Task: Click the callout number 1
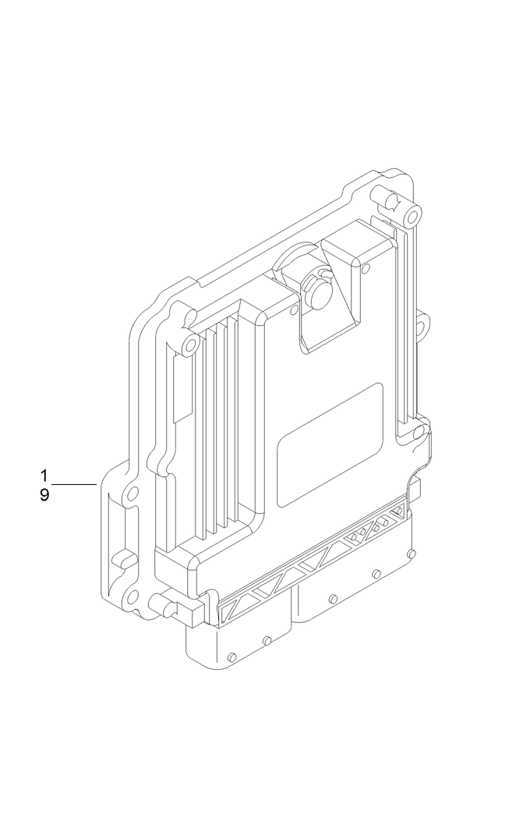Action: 44,475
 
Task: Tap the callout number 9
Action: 44,495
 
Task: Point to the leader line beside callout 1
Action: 74,485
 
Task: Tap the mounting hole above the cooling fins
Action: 189,344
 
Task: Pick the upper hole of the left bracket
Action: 132,493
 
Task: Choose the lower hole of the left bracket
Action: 132,598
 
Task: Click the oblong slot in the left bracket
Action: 121,558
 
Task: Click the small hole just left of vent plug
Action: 292,310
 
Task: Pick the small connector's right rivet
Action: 267,641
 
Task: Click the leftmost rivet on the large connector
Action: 333,599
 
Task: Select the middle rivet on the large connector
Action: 376,575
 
